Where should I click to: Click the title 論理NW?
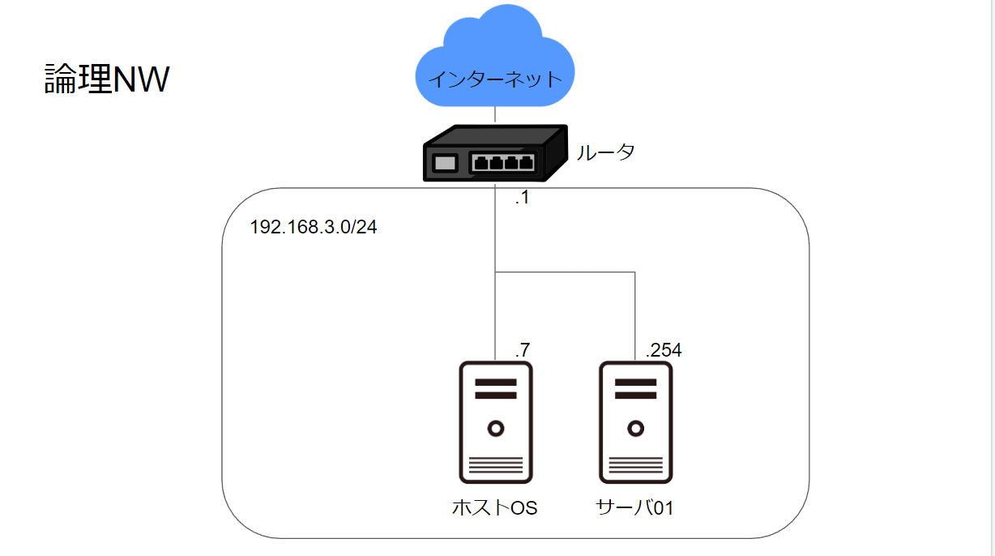click(x=106, y=80)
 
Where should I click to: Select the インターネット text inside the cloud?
click(x=494, y=79)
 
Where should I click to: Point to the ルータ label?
click(x=604, y=152)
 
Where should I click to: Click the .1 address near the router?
click(x=522, y=197)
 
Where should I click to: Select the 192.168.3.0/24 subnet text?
click(x=314, y=227)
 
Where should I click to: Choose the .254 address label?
click(x=663, y=350)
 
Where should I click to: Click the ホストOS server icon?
click(x=495, y=422)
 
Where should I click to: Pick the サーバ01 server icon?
click(x=635, y=422)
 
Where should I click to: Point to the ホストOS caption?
click(x=494, y=508)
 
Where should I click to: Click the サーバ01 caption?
click(x=634, y=508)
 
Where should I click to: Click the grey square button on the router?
click(x=445, y=163)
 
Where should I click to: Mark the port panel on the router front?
click(x=503, y=162)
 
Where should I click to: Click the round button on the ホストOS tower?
click(x=495, y=427)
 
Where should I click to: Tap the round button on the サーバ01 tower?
click(x=635, y=427)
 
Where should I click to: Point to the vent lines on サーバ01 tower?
click(x=635, y=466)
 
